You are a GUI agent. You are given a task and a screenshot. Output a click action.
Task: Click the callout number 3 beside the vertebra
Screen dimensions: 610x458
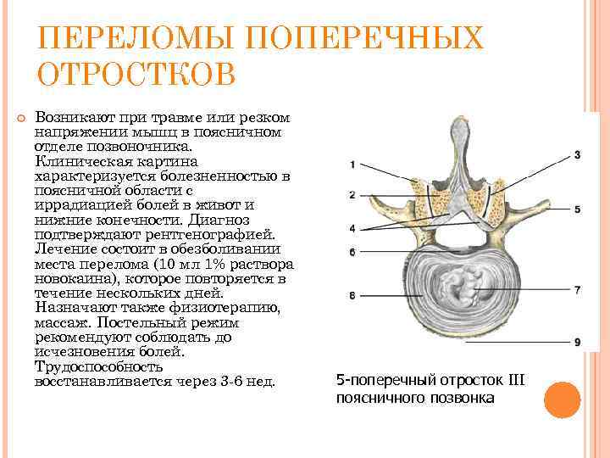[x=577, y=155]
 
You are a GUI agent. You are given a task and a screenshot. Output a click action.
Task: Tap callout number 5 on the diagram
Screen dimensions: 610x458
[x=577, y=209]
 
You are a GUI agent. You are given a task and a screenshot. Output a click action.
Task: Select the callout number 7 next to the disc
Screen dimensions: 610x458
[x=577, y=290]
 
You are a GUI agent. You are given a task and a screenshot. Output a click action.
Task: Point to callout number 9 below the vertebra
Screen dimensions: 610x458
[x=577, y=342]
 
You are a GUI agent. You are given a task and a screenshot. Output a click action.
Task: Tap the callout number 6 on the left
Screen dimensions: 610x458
[x=351, y=252]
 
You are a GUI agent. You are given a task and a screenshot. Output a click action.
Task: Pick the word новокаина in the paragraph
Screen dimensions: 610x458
[x=76, y=279]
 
